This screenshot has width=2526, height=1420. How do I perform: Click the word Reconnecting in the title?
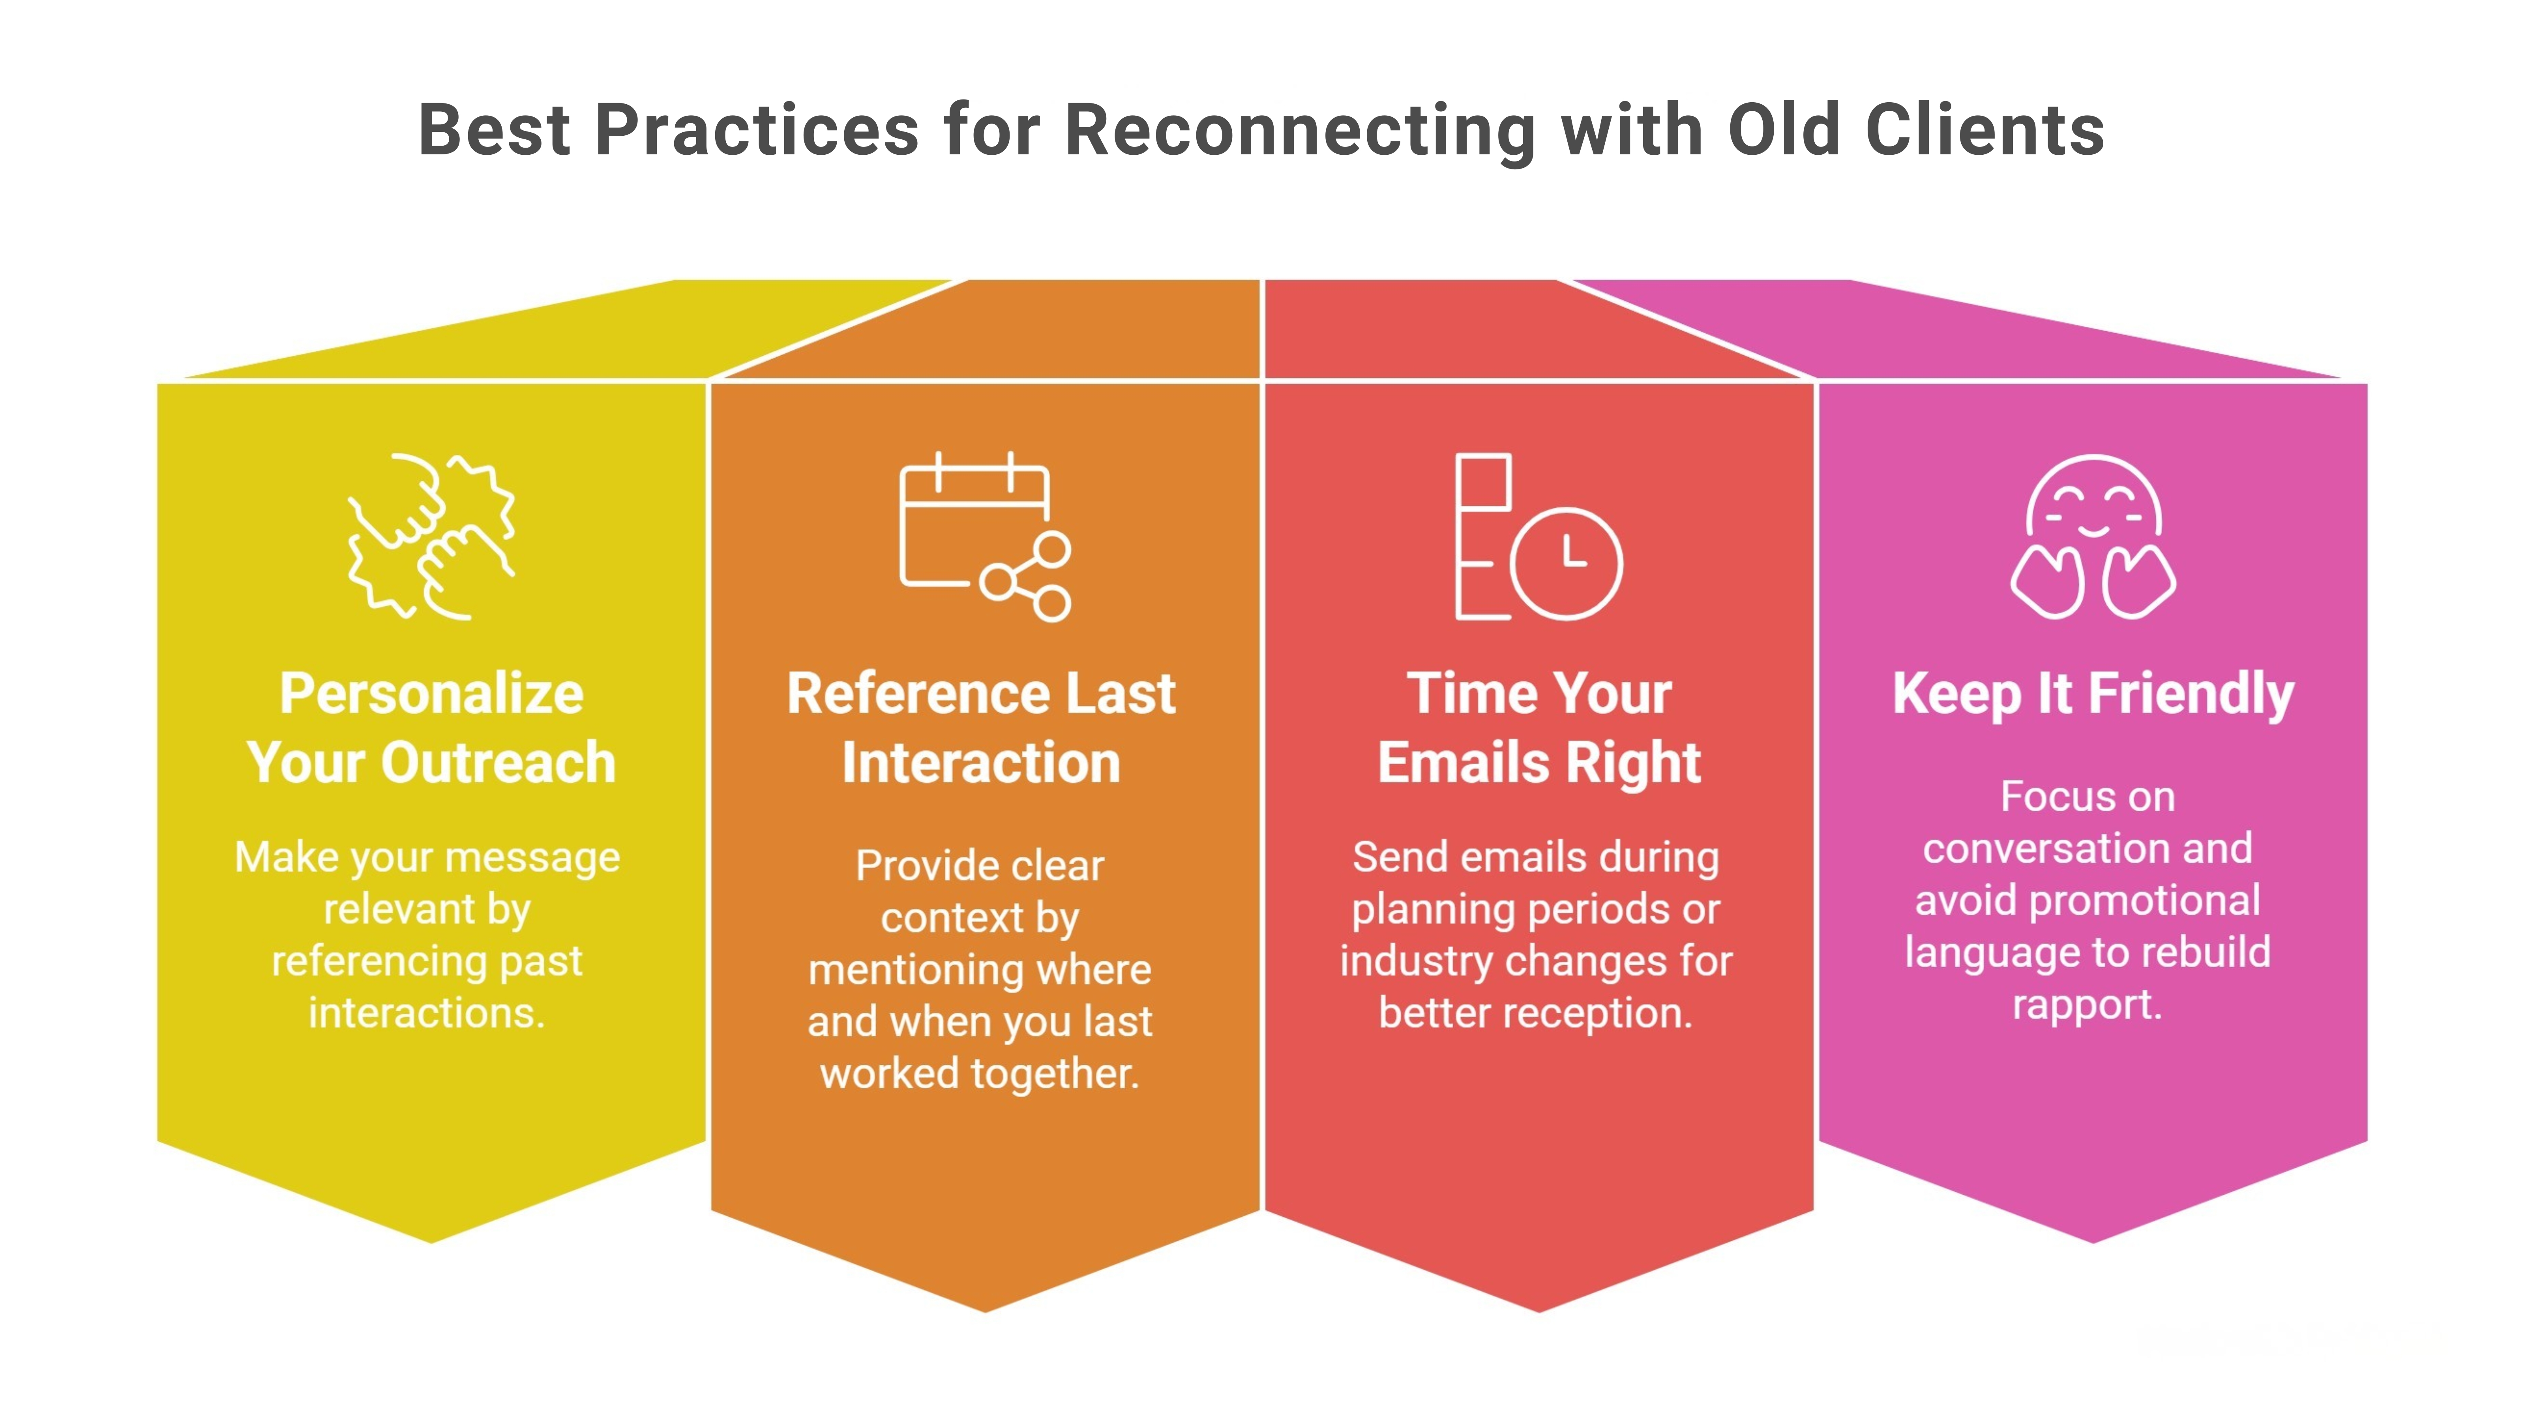tap(1300, 131)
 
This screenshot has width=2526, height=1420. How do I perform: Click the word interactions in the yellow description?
tap(425, 1012)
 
